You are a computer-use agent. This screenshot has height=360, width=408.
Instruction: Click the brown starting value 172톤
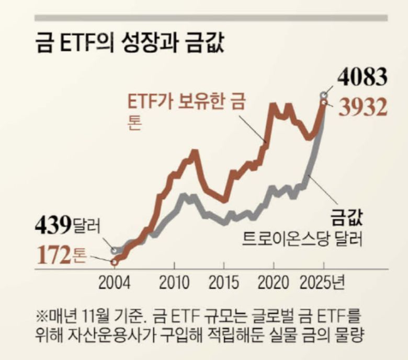click(x=62, y=256)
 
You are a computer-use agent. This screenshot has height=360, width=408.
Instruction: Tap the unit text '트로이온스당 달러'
click(x=303, y=240)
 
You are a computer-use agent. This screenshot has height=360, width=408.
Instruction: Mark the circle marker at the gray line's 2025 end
click(x=324, y=95)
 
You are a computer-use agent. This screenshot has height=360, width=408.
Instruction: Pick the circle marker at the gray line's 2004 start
click(x=115, y=251)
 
